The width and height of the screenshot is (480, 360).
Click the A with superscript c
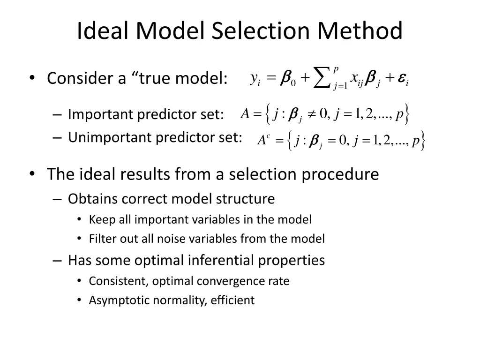point(263,140)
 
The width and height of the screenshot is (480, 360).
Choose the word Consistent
point(119,281)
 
